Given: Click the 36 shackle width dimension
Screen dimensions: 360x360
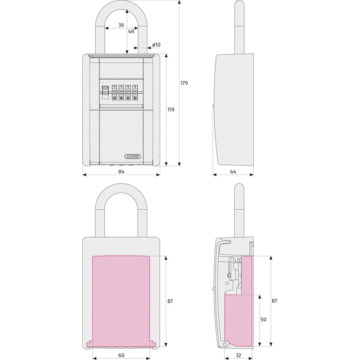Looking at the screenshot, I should click(x=121, y=26).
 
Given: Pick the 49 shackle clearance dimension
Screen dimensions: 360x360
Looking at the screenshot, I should click(x=131, y=31).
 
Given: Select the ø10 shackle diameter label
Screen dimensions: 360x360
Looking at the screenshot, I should click(x=156, y=45).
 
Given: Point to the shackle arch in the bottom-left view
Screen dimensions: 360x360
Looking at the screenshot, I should click(x=121, y=189).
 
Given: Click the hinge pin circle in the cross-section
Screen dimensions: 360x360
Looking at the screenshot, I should click(x=225, y=345).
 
